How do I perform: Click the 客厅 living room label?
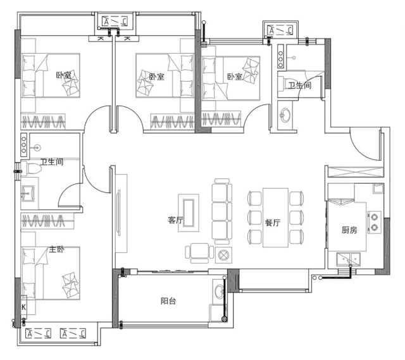pyautogui.click(x=175, y=220)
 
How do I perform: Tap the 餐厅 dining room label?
pyautogui.click(x=273, y=223)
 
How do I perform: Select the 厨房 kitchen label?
pyautogui.click(x=349, y=230)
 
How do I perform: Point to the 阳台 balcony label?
pyautogui.click(x=168, y=301)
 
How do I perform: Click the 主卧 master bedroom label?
pyautogui.click(x=57, y=249)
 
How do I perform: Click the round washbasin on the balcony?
pyautogui.click(x=220, y=291)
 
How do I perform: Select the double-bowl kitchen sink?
pyautogui.click(x=349, y=259)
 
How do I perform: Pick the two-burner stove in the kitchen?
pyautogui.click(x=375, y=222)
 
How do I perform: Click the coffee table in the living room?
pyautogui.click(x=189, y=213)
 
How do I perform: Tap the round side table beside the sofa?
pyautogui.click(x=223, y=255)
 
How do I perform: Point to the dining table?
pyautogui.click(x=276, y=218)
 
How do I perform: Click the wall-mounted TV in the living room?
pyautogui.click(x=119, y=213)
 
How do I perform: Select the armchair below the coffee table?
pyautogui.click(x=199, y=253)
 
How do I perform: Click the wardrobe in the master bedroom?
pyautogui.click(x=44, y=221)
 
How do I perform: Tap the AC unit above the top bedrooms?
pyautogui.click(x=115, y=22)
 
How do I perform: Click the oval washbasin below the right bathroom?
pyautogui.click(x=285, y=115)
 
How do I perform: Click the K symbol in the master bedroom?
pyautogui.click(x=24, y=307)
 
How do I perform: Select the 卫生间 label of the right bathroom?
pyautogui.click(x=299, y=85)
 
